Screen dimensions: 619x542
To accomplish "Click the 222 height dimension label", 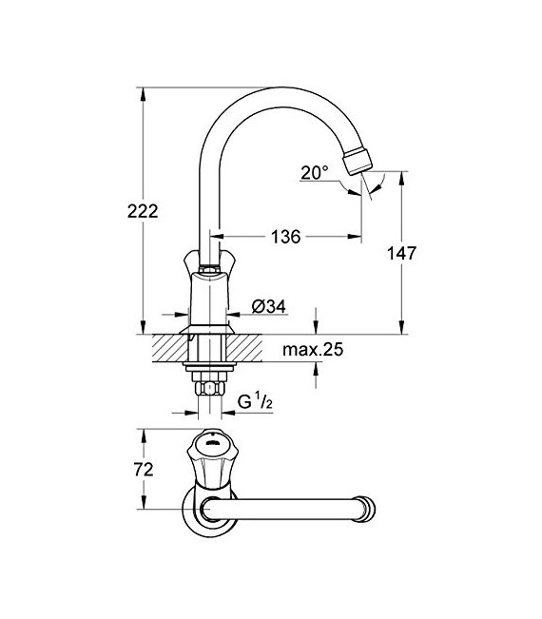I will [141, 211].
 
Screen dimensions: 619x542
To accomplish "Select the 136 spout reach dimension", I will [284, 237].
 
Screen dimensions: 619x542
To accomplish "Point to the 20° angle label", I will [314, 172].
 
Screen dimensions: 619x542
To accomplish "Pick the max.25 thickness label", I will [312, 350].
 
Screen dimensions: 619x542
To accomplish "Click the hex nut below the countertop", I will [207, 387].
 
